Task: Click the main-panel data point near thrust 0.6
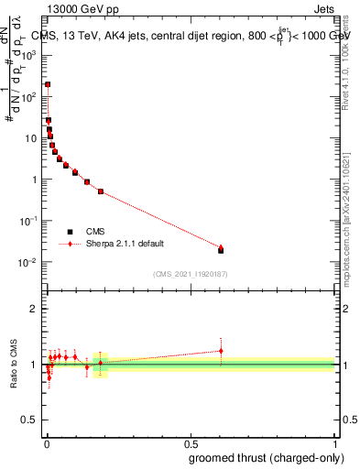click(x=221, y=249)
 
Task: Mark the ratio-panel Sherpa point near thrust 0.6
click(x=221, y=351)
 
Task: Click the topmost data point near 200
click(x=48, y=84)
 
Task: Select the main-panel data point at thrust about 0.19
click(x=100, y=191)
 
